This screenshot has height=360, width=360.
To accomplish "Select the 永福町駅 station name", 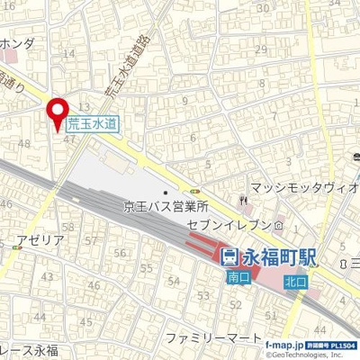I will coord(279,256).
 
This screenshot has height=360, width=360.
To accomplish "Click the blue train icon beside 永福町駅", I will coord(229,257).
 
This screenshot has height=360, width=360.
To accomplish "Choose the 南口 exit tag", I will coord(237,279).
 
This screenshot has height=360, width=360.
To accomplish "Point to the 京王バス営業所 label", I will coord(166,206).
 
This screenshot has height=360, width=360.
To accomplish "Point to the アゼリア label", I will coord(40,240).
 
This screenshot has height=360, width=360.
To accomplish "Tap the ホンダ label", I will coord(17,42).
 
